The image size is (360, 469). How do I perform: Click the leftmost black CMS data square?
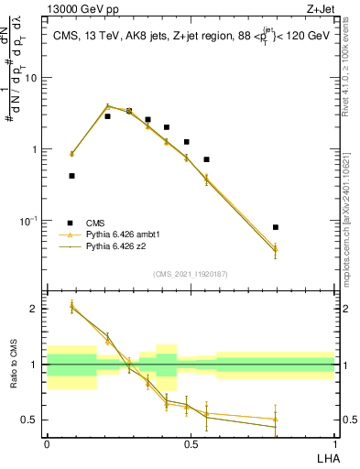pyautogui.click(x=71, y=176)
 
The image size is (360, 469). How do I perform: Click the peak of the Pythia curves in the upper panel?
pyautogui.click(x=107, y=106)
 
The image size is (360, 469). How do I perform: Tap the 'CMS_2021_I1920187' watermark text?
pyautogui.click(x=190, y=274)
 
